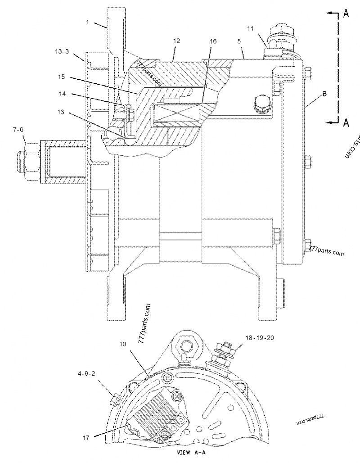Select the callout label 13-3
point(63,52)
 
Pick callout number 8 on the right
point(324,95)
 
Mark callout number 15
point(62,77)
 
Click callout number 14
point(62,94)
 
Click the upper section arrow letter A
point(346,14)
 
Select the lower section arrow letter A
point(346,122)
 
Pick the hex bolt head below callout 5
point(261,105)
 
